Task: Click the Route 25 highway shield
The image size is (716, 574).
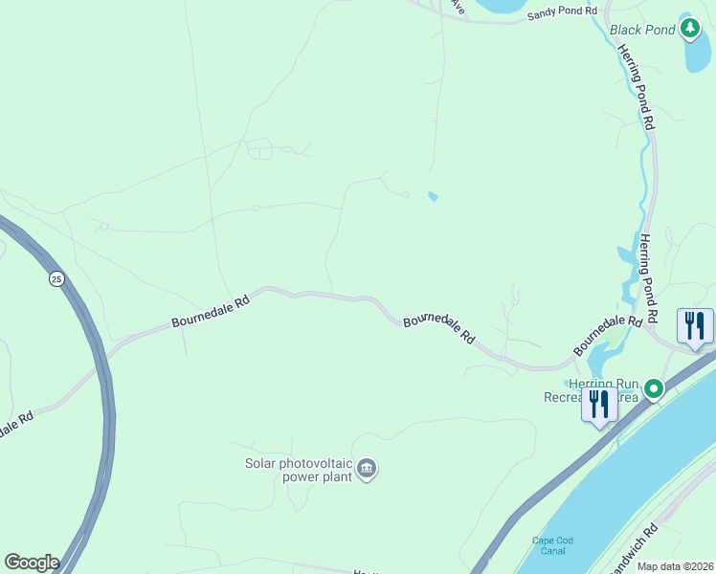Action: [57, 278]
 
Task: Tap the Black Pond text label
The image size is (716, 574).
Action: [643, 30]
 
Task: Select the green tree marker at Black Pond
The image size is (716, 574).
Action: [690, 29]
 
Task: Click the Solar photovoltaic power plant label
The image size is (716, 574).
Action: [299, 469]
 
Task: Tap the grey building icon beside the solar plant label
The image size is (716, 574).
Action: [368, 468]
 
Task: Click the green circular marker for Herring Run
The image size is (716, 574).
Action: [654, 388]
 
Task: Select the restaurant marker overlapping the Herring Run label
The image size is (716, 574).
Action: [599, 404]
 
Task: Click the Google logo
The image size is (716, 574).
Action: [32, 563]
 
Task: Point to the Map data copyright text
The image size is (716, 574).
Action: [676, 566]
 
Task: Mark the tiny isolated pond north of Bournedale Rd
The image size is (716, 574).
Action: [434, 197]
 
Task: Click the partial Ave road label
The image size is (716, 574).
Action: [457, 7]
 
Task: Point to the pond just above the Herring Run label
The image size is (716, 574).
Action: [602, 362]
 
